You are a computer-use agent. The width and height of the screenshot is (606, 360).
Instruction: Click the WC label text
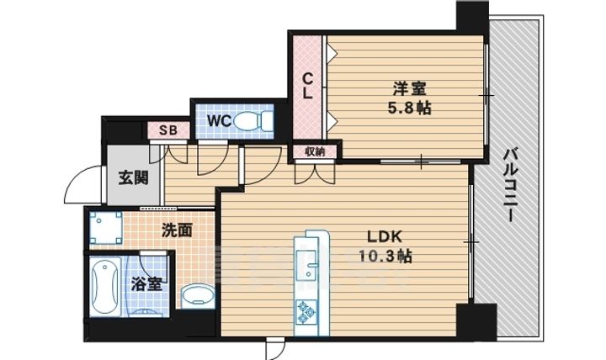(x=219, y=120)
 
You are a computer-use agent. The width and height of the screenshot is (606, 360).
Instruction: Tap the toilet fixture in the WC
(x=253, y=120)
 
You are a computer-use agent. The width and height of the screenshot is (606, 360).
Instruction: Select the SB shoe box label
(x=168, y=130)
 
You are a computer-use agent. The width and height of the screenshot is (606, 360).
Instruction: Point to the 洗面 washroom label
(x=177, y=230)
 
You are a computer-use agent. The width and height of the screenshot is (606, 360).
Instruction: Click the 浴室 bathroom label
(x=146, y=284)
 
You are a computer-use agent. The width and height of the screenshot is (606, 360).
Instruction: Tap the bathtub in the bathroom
(x=104, y=286)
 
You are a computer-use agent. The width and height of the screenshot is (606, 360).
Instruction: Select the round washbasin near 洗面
(x=198, y=298)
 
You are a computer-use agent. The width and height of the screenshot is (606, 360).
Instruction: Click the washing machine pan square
(x=106, y=228)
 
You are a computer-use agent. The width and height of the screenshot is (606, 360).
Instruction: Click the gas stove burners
(x=306, y=311)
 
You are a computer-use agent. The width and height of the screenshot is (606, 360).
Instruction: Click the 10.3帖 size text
(x=385, y=256)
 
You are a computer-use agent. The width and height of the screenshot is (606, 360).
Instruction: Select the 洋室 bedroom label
(x=410, y=88)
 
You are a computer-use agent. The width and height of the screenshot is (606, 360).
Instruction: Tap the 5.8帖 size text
(x=410, y=109)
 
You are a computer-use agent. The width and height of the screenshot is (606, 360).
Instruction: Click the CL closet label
(x=307, y=87)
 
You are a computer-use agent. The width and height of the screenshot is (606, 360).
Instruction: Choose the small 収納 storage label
(x=315, y=151)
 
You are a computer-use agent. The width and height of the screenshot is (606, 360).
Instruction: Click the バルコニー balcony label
(x=510, y=186)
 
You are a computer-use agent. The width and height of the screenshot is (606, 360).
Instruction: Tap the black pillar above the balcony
(x=472, y=17)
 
